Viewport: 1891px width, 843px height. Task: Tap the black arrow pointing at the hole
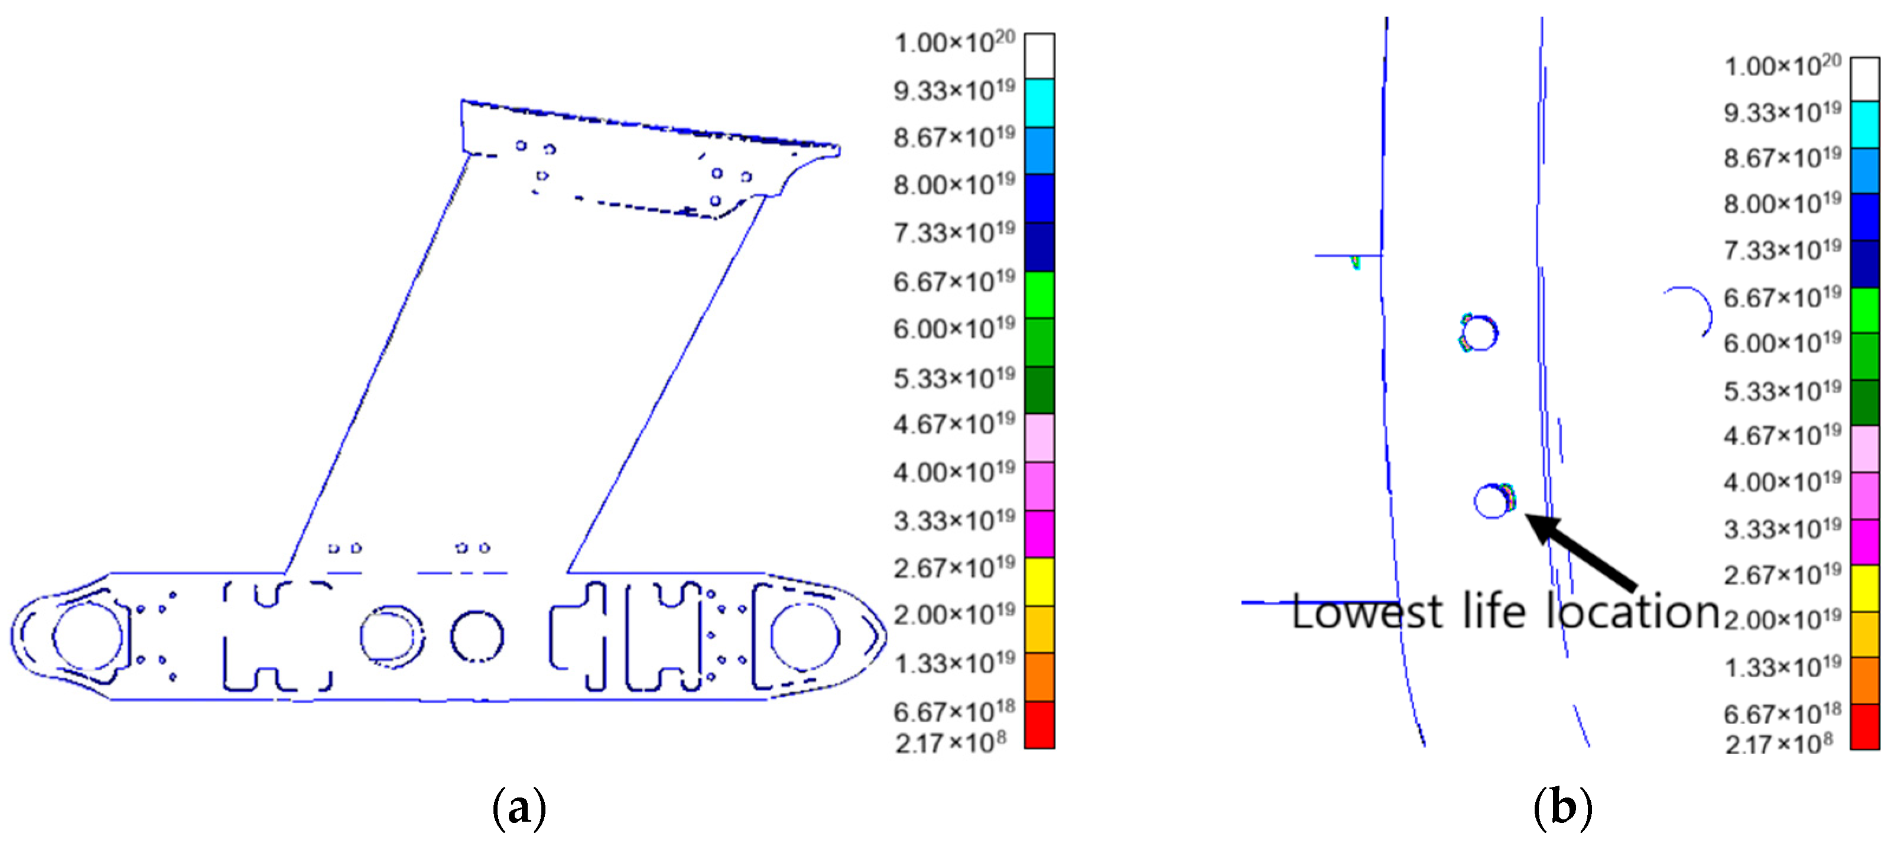tap(1581, 551)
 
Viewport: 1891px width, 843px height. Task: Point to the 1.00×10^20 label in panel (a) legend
tap(954, 42)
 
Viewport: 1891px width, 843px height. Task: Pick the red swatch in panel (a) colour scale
tap(1039, 725)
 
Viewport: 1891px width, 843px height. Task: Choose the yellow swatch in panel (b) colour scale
tap(1864, 588)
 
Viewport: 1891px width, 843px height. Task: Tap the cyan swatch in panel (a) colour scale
tap(1039, 103)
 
